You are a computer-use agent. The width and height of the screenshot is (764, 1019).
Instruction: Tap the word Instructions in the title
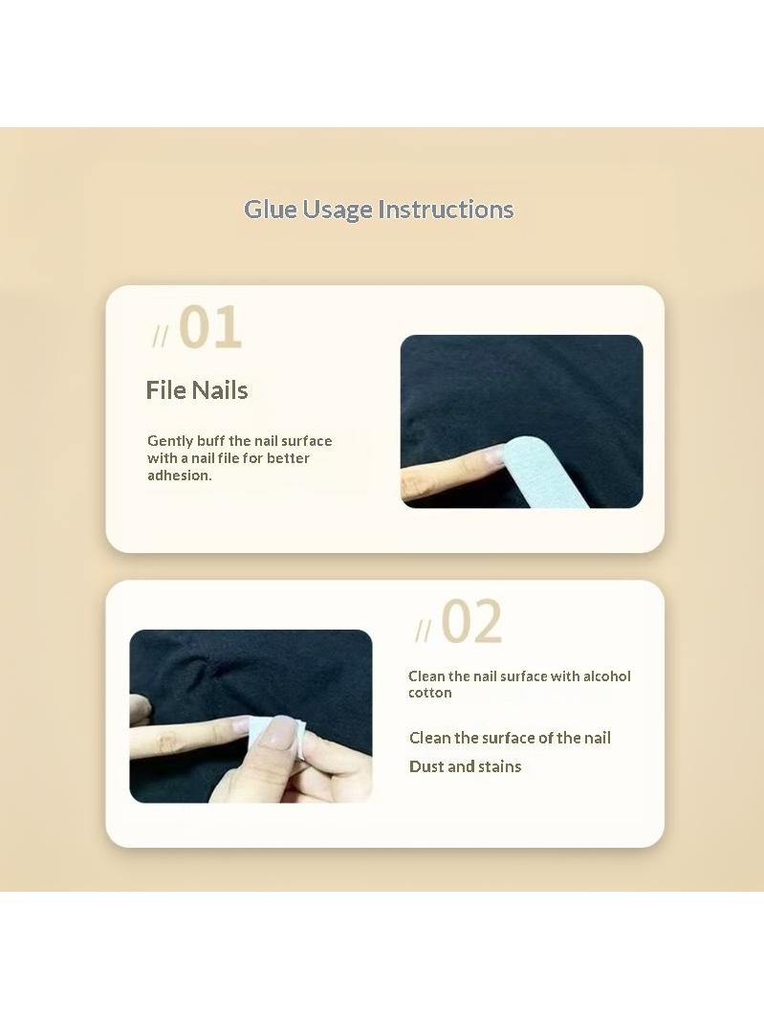coord(446,210)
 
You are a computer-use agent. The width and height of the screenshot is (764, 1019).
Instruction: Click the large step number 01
coord(209,327)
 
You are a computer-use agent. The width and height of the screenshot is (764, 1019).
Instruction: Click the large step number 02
coord(471,621)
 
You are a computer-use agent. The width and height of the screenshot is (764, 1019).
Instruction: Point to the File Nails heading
coord(197,390)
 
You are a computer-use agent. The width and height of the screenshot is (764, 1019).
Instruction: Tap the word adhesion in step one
coord(180,476)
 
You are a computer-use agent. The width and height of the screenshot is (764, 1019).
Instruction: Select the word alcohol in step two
coord(607,676)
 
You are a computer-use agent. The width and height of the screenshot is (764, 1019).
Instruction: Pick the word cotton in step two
coord(430,693)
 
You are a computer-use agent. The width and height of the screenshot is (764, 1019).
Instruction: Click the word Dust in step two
coord(426,766)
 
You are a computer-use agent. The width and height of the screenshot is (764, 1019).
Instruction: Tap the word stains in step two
coord(499,766)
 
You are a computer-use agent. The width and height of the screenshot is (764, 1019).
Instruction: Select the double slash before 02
coord(423,631)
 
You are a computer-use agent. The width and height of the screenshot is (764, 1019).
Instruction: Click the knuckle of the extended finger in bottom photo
coord(167,740)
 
